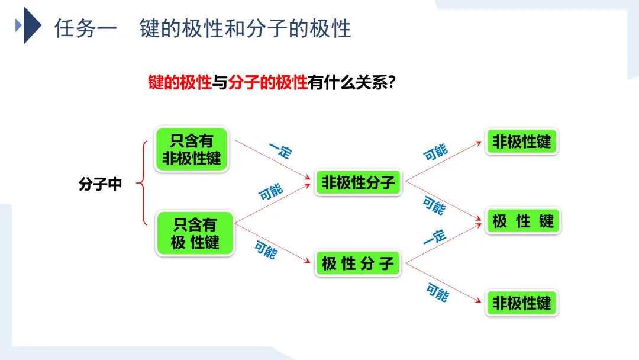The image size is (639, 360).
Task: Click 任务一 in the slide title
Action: point(86,28)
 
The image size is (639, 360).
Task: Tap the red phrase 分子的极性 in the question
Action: point(267,82)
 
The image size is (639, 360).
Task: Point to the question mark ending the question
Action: point(390,82)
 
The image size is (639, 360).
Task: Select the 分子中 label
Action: point(100,184)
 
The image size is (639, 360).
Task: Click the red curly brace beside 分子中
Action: point(142,184)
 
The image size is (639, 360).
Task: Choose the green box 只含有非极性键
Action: point(191,150)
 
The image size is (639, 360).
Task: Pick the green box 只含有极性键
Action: point(195,233)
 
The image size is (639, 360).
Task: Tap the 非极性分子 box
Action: point(357,183)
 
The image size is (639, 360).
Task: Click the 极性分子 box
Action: point(357,263)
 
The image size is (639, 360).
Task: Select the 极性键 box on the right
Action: point(522,221)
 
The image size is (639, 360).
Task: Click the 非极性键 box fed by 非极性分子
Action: point(521,142)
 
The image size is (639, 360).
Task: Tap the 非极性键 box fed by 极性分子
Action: point(521,303)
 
